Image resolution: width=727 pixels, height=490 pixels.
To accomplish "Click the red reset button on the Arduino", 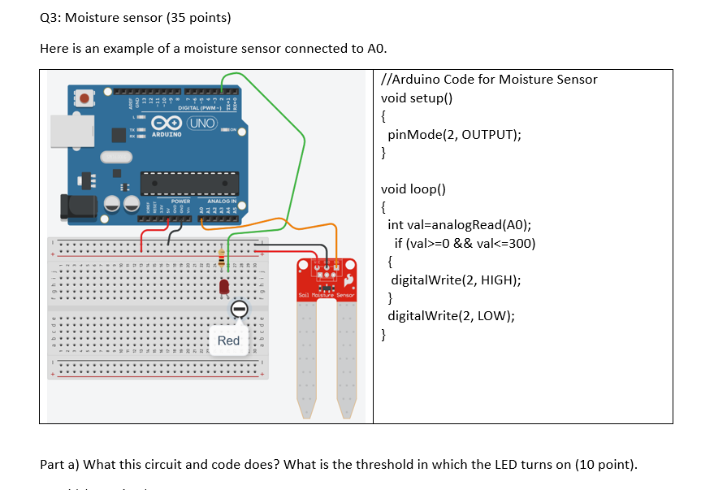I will [85, 98].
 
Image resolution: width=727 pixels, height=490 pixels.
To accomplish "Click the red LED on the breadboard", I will [224, 286].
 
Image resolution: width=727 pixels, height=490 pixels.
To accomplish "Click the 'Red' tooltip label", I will [228, 340].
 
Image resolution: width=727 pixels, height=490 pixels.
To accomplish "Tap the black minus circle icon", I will [239, 310].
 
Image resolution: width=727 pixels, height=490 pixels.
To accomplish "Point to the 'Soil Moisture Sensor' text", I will [326, 294].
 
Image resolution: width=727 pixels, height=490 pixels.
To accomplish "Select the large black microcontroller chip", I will [191, 182].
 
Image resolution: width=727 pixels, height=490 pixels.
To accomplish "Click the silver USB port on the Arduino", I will [65, 130].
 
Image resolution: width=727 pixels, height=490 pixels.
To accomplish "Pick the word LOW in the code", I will [494, 316].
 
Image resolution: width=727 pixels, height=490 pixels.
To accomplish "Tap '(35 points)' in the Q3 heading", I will [190, 17].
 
